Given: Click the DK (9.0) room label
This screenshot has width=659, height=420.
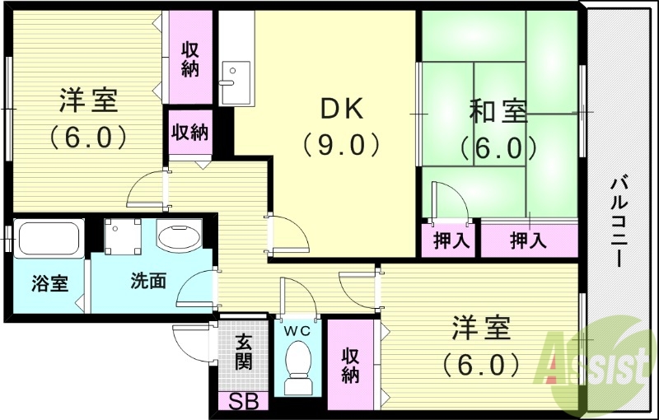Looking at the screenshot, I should click(340, 126).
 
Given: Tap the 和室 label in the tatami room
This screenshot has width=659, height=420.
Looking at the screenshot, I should click(498, 128).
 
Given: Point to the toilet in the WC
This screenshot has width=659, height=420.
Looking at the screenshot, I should click(297, 363).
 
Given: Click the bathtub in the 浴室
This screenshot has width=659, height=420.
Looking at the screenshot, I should click(48, 240).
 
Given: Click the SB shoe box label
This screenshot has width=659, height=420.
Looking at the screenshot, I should click(243, 403).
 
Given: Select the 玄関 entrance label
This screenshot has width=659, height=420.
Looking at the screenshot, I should click(243, 351).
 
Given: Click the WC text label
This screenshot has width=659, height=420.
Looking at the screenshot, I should click(297, 329).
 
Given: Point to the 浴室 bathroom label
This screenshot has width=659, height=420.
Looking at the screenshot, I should click(49, 283).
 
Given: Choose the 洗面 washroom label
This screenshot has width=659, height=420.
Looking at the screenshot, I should click(148, 281).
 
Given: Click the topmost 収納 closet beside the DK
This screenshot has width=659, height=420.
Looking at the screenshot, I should click(190, 58).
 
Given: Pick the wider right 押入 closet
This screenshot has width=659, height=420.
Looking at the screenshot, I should click(528, 240).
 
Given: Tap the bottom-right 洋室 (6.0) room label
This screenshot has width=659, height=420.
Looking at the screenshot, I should click(480, 345).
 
